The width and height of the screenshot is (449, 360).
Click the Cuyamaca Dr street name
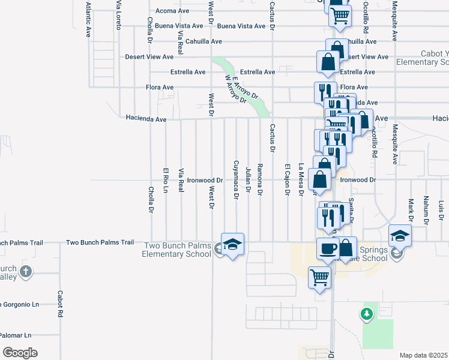[236, 179]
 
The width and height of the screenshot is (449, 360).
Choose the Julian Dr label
[248, 179]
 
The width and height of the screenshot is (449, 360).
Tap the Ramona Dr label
[260, 179]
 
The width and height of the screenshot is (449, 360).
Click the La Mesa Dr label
[301, 179]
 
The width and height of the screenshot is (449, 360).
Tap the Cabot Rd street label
[60, 304]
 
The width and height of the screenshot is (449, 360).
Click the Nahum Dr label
[426, 209]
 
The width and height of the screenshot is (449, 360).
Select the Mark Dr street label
[411, 210]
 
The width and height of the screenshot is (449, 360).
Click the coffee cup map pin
[328, 248]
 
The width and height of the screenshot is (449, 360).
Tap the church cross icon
[25, 271]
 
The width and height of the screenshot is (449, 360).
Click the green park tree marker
[367, 313]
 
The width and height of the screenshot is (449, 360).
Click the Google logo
[19, 353]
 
